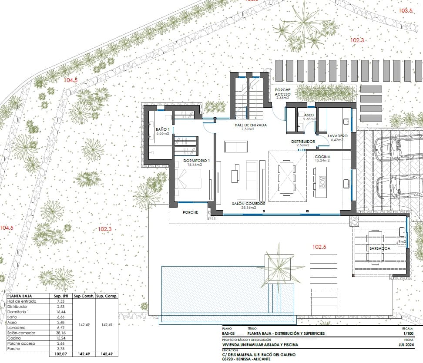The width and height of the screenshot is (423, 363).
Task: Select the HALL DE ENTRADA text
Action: pos(250,125)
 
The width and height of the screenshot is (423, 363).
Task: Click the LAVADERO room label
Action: pos(337,135)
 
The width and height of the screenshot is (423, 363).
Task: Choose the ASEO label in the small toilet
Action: pos(309,115)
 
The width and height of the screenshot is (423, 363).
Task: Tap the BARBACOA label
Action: pos(379,248)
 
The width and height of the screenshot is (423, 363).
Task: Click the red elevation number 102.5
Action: pos(319,247)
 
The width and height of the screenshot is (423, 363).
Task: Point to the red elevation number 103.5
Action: pos(406,10)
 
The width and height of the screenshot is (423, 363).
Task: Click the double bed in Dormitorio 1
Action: pos(189,179)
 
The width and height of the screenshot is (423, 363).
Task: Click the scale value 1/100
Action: pos(408,333)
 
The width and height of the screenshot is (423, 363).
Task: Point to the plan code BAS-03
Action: pos(229,333)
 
